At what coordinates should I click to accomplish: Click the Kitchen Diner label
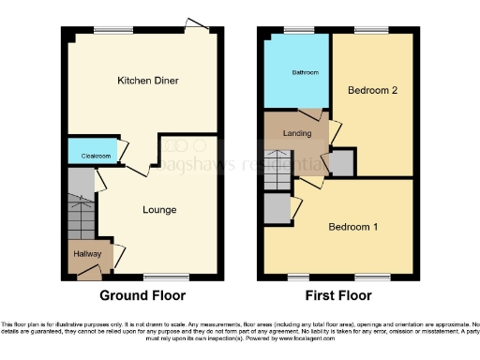pos(142,82)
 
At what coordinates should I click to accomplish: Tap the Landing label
pos(296,132)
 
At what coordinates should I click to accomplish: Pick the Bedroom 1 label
pos(353,227)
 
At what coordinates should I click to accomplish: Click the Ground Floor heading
pos(142,295)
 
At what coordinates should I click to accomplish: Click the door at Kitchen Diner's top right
pos(196,23)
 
